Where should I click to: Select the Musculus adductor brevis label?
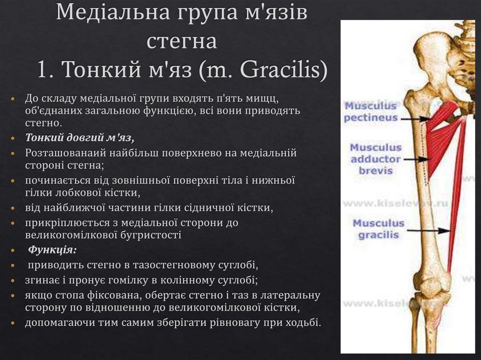tap(375, 159)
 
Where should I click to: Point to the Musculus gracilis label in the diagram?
tap(379, 229)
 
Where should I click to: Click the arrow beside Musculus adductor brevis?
tap(414, 160)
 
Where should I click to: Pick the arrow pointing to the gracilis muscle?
tap(427, 230)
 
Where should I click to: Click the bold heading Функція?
tap(53, 249)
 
